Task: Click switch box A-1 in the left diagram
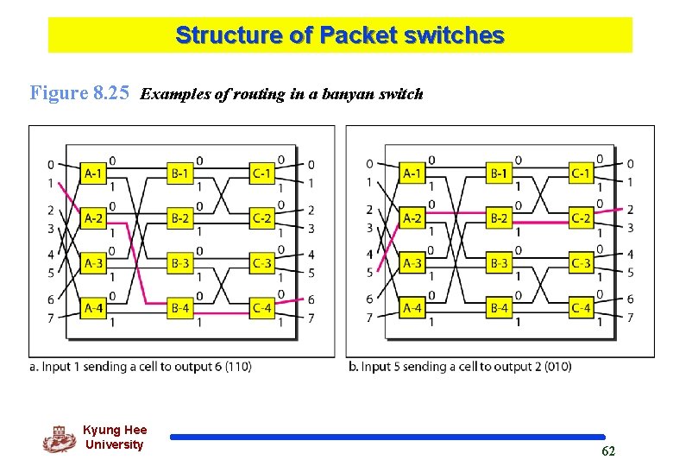click(95, 173)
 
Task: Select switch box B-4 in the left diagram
click(179, 308)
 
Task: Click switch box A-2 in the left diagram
click(95, 218)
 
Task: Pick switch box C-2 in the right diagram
click(582, 218)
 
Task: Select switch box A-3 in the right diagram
click(413, 263)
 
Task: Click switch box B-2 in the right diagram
click(499, 218)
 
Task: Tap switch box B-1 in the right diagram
click(499, 173)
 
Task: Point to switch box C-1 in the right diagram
click(582, 173)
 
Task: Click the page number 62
click(607, 451)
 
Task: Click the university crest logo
click(59, 438)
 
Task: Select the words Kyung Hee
click(115, 430)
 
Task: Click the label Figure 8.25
click(79, 93)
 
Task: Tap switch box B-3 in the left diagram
click(179, 263)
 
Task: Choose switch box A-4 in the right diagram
click(413, 308)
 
